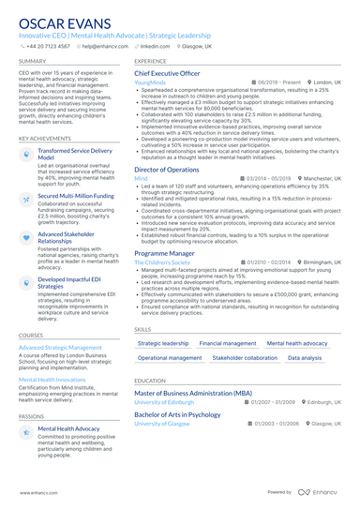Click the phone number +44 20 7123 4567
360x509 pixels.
click(x=49, y=45)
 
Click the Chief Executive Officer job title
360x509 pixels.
click(x=167, y=72)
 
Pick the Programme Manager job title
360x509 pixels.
click(x=164, y=253)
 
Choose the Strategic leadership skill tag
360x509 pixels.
click(x=162, y=344)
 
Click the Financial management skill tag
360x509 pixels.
click(x=228, y=344)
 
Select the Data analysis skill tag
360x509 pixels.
click(x=304, y=358)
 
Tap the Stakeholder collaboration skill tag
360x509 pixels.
click(x=245, y=358)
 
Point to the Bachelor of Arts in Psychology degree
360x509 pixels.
click(x=178, y=414)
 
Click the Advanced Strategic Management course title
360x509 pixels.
click(x=59, y=347)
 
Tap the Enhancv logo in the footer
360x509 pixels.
click(x=320, y=491)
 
